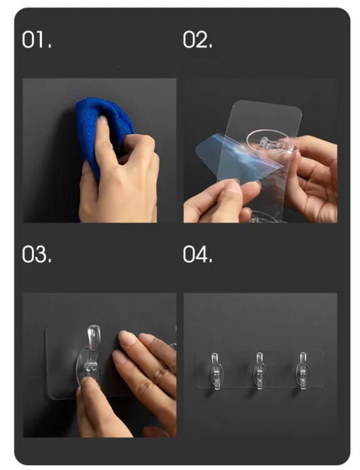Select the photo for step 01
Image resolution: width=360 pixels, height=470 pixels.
(x=100, y=150)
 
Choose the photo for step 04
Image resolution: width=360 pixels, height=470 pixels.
(x=260, y=365)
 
